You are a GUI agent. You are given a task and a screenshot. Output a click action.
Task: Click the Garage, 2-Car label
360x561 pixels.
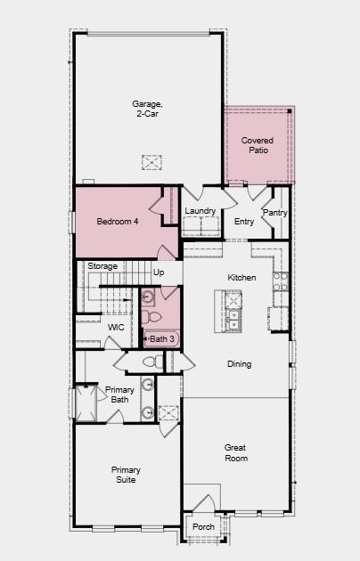pos(148,109)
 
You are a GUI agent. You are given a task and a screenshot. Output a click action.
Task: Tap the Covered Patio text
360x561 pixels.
pos(258,145)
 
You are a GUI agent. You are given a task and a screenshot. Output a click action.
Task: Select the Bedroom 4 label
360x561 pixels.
pos(118,221)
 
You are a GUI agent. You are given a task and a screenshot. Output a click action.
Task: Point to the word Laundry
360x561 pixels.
pos(200,211)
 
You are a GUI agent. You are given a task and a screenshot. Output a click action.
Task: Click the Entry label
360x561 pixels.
pos(244,222)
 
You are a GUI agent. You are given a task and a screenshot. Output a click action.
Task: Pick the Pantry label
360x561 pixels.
pos(275,213)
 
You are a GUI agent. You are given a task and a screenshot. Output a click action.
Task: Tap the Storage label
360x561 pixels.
pos(102,266)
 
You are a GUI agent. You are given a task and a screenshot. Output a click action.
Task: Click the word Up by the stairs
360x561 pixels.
pos(159,272)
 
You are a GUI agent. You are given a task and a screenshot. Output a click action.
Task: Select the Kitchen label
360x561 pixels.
pos(241,278)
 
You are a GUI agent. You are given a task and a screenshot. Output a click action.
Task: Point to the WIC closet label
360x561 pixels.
pos(116,328)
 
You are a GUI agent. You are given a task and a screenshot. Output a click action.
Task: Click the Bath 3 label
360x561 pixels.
pos(162,339)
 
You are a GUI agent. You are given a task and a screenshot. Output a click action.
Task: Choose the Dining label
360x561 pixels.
pos(239,363)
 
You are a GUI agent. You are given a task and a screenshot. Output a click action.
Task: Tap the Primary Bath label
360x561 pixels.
pos(120,395)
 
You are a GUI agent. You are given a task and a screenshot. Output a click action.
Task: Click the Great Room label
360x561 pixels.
pos(236,452)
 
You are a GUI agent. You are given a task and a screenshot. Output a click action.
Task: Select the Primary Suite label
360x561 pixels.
pos(125,475)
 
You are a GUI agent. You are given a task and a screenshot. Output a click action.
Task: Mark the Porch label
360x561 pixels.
pos(203,527)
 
